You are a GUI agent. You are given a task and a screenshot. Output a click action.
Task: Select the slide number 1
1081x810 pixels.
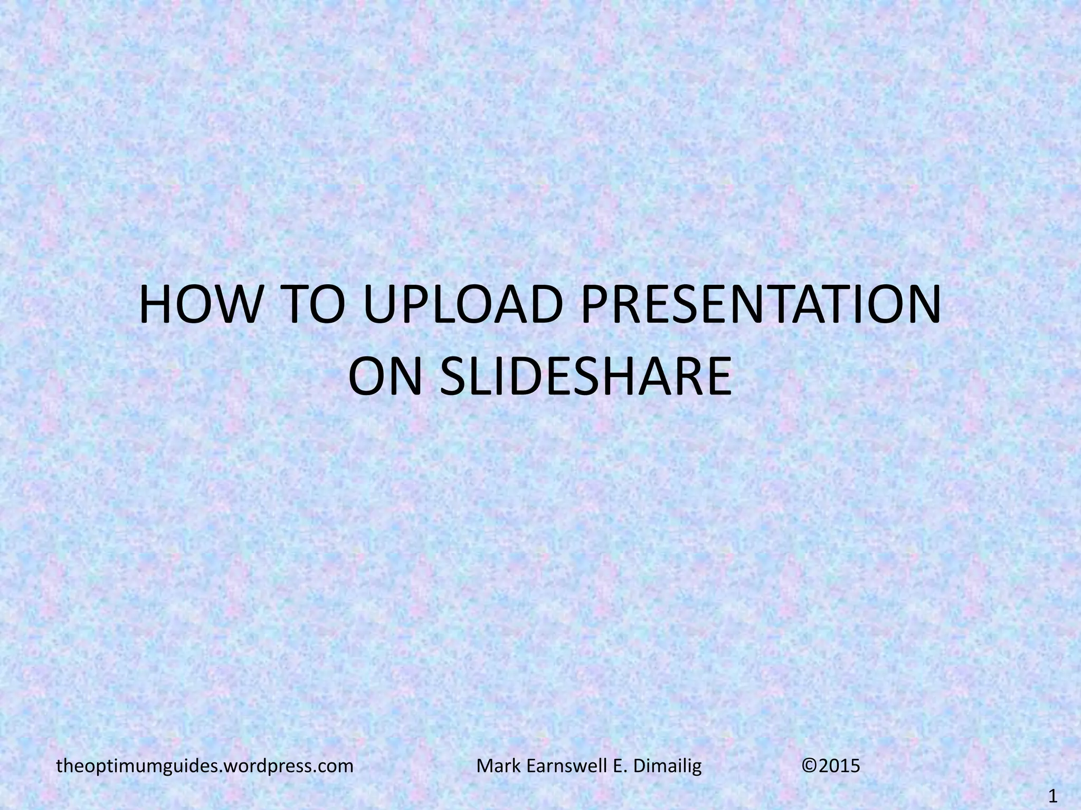1054,796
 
